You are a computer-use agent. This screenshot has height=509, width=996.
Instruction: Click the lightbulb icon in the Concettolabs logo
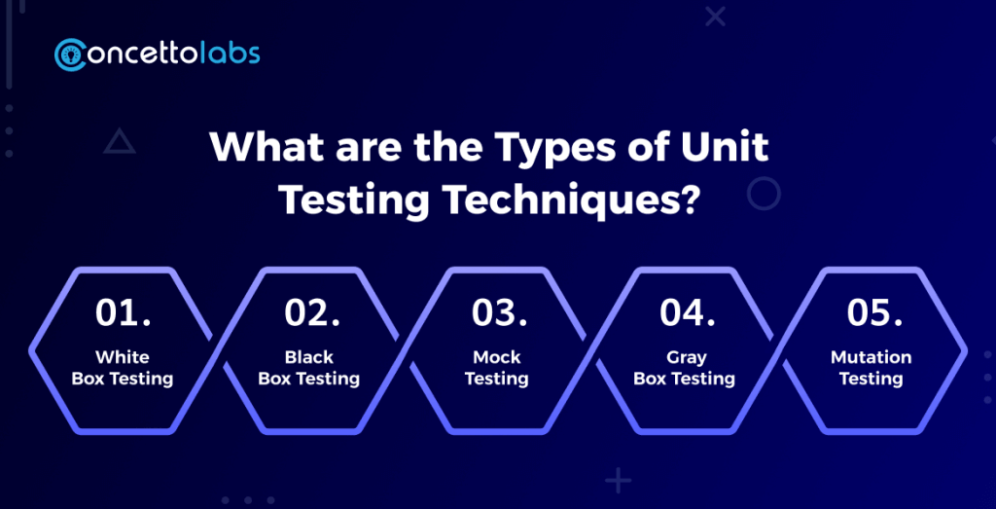pyautogui.click(x=70, y=55)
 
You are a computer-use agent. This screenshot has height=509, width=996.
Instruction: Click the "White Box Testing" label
pyautogui.click(x=123, y=368)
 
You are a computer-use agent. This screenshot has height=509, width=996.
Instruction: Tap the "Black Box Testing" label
pyautogui.click(x=309, y=368)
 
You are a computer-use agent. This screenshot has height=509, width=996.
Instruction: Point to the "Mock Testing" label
pyautogui.click(x=497, y=368)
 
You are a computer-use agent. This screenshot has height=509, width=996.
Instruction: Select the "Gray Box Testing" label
pyautogui.click(x=684, y=368)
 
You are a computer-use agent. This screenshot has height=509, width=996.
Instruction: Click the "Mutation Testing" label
pyautogui.click(x=871, y=368)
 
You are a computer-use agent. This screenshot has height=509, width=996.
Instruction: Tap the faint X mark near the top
pyautogui.click(x=715, y=17)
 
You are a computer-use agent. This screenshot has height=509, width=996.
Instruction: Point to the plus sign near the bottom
pyautogui.click(x=618, y=480)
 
